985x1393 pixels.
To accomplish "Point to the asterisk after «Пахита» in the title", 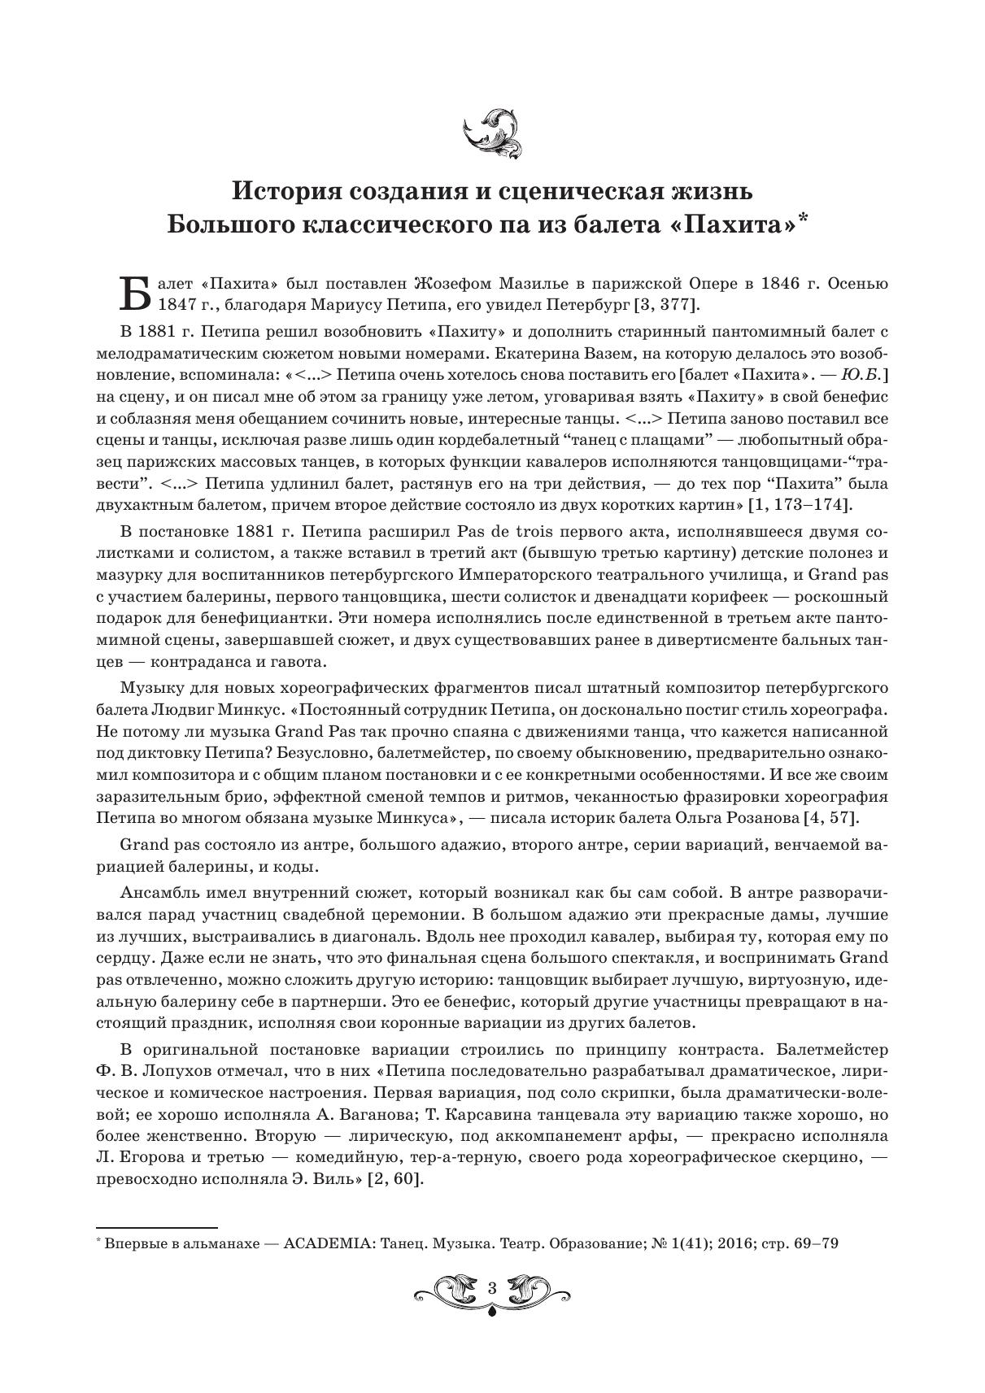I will coord(804,218).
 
